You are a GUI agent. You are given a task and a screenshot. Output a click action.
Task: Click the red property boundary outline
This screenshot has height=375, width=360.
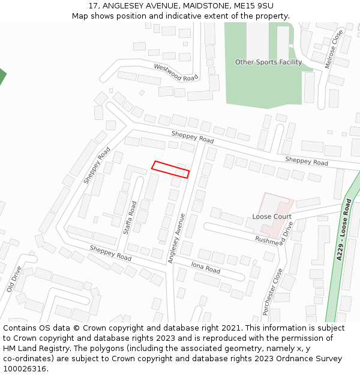coord(171,169)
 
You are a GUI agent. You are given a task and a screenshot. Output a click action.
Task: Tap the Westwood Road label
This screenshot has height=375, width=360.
coord(176,72)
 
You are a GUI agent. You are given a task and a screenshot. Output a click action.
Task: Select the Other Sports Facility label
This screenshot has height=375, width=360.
coord(268,62)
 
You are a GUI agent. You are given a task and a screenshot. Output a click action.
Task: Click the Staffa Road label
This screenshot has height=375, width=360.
coord(130,218)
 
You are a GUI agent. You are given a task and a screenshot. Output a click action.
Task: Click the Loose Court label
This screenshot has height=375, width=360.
coord(272,217)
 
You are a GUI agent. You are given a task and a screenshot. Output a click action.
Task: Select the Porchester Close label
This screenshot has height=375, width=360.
coord(273,292)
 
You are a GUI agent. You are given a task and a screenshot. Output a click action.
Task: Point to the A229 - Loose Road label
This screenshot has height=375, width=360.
coord(343,230)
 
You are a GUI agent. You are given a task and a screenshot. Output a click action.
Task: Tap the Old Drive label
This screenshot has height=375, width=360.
coord(14,279)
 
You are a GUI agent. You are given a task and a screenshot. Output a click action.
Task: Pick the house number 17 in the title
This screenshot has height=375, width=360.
coord(93,5)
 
